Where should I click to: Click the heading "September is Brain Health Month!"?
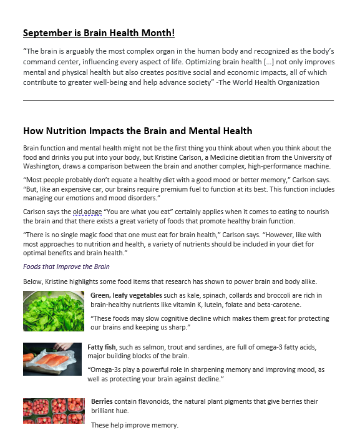point(99,33)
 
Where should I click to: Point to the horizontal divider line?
point(178,100)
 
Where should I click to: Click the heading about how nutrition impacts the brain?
point(137,131)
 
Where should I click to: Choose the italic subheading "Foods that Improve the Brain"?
point(66,266)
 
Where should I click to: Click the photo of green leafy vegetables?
point(54,310)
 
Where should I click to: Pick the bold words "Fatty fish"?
point(103,347)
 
